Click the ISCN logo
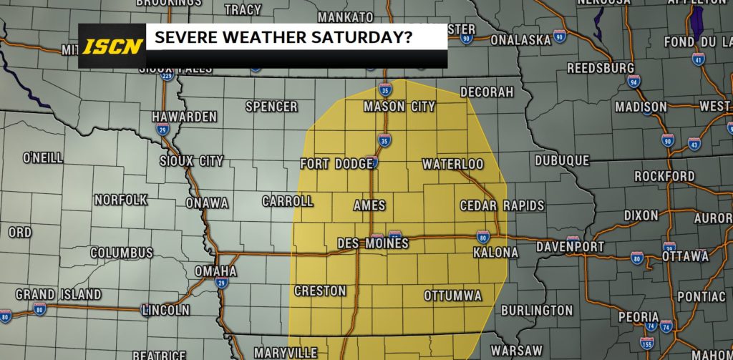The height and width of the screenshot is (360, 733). pyautogui.click(x=112, y=47)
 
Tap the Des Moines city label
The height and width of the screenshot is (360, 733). pyautogui.click(x=373, y=243)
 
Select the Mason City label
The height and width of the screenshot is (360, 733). pyautogui.click(x=399, y=107)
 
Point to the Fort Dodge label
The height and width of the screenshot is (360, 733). pyautogui.click(x=336, y=164)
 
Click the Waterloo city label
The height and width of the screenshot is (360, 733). pyautogui.click(x=452, y=164)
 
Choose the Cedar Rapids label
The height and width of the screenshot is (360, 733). pyautogui.click(x=502, y=205)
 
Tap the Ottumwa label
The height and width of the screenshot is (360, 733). pyautogui.click(x=452, y=295)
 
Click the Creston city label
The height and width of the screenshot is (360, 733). pyautogui.click(x=320, y=291)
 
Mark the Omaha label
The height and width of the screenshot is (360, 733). pyautogui.click(x=215, y=271)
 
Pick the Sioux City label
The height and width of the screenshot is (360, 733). pyautogui.click(x=191, y=161)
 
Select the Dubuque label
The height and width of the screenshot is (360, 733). pyautogui.click(x=562, y=161)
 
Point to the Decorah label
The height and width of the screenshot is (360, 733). pyautogui.click(x=487, y=92)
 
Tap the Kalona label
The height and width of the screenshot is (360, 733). pyautogui.click(x=495, y=253)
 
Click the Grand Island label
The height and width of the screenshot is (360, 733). pyautogui.click(x=58, y=294)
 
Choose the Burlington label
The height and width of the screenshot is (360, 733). pyautogui.click(x=537, y=311)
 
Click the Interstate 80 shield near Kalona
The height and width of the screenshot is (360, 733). pyautogui.click(x=483, y=236)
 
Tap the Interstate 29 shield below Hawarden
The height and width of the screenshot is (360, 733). pyautogui.click(x=162, y=130)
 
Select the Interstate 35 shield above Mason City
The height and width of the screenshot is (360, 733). pyautogui.click(x=385, y=90)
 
